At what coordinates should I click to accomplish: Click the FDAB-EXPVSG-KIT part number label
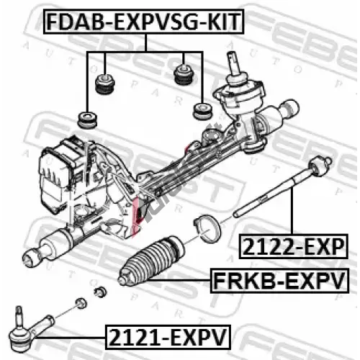pyautogui.click(x=144, y=22)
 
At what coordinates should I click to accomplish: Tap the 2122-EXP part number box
pyautogui.click(x=294, y=247)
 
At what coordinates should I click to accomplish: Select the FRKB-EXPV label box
pyautogui.click(x=279, y=281)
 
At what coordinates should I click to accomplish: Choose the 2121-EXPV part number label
pyautogui.click(x=168, y=337)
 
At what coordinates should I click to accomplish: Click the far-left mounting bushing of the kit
pyautogui.click(x=88, y=120)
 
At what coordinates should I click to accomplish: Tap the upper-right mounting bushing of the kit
pyautogui.click(x=183, y=74)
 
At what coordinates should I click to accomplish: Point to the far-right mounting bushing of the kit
pyautogui.click(x=203, y=112)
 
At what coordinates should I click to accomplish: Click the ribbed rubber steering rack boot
pyautogui.click(x=151, y=260)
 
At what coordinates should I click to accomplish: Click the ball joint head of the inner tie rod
pyautogui.click(x=320, y=166)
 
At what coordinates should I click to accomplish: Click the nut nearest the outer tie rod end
pyautogui.click(x=81, y=303)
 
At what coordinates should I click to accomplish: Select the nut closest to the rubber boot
pyautogui.click(x=100, y=292)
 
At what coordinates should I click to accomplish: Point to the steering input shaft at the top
pyautogui.click(x=234, y=63)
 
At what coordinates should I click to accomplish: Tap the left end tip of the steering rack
pyautogui.click(x=30, y=258)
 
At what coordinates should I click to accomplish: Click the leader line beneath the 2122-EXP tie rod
pyautogui.click(x=292, y=211)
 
